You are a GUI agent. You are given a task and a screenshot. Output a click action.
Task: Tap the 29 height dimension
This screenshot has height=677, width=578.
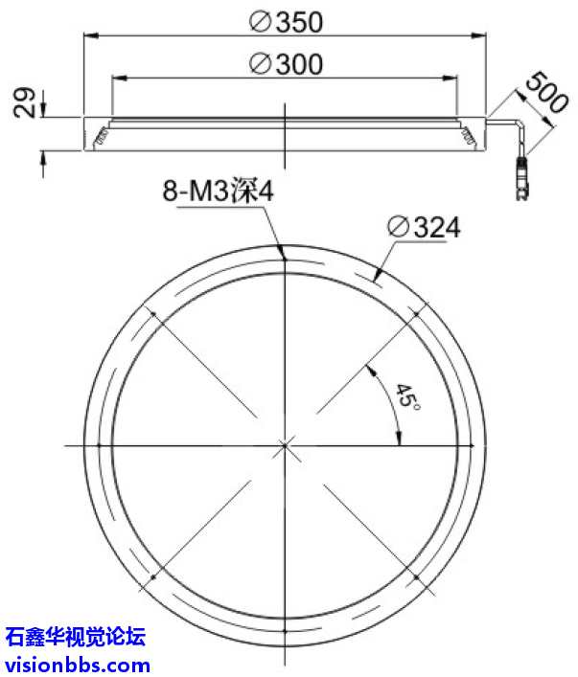[x=26, y=102]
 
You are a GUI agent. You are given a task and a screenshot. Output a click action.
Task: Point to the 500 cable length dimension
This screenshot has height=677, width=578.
[x=543, y=98]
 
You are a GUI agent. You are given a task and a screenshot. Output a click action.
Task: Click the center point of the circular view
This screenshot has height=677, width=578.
[x=285, y=445]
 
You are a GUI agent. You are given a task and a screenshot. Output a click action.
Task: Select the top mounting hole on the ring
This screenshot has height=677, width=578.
[x=285, y=257]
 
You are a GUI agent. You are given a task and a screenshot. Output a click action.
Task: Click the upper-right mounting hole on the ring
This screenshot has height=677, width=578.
[x=418, y=312]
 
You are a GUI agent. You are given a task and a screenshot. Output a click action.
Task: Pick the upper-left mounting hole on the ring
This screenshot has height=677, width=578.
[x=151, y=312]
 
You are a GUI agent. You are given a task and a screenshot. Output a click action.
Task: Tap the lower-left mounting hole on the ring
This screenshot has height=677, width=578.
[x=151, y=578]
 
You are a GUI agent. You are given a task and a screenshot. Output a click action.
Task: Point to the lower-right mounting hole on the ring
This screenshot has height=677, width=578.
[x=418, y=578]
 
